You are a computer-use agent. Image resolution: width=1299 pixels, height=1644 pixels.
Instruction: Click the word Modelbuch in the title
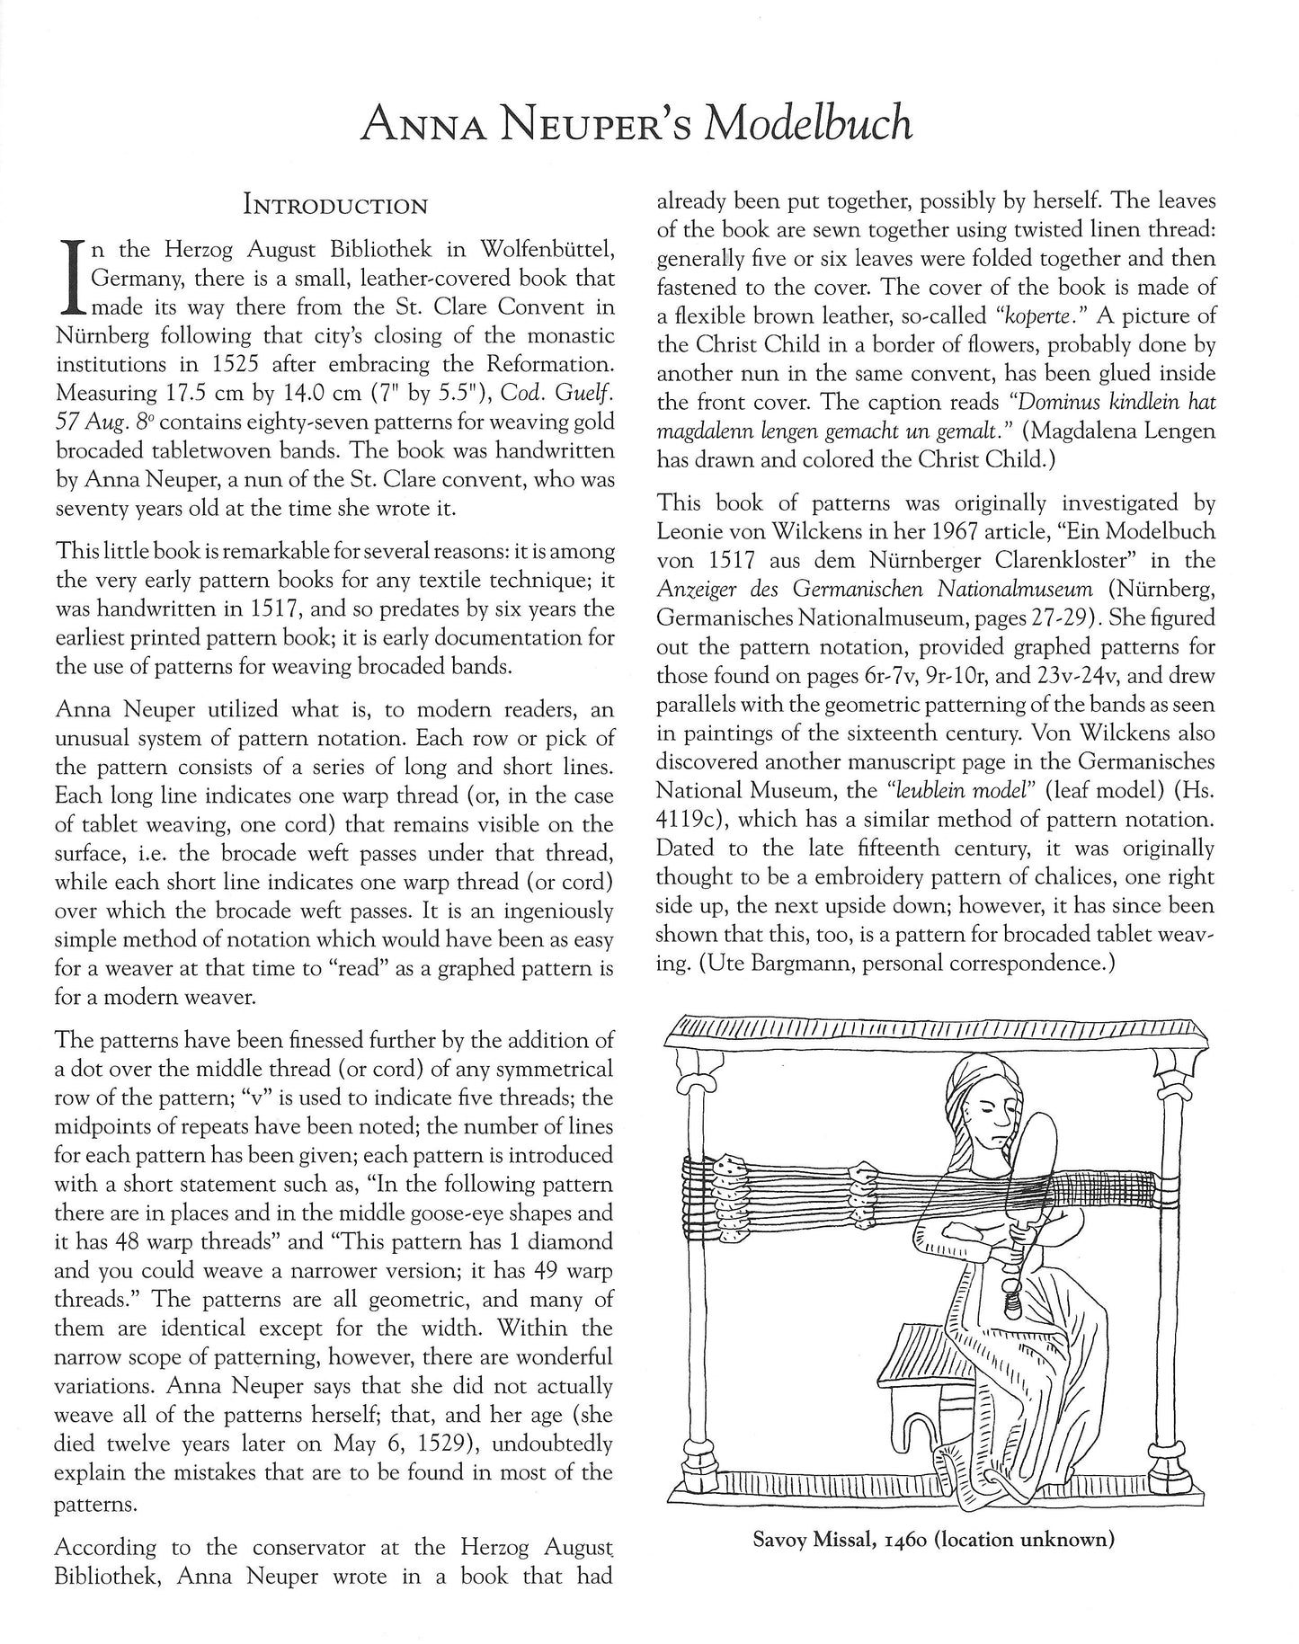pyautogui.click(x=808, y=122)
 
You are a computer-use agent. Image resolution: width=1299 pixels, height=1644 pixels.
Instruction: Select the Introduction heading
pyautogui.click(x=335, y=206)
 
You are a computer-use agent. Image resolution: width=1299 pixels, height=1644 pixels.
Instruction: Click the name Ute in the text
pyautogui.click(x=734, y=964)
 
